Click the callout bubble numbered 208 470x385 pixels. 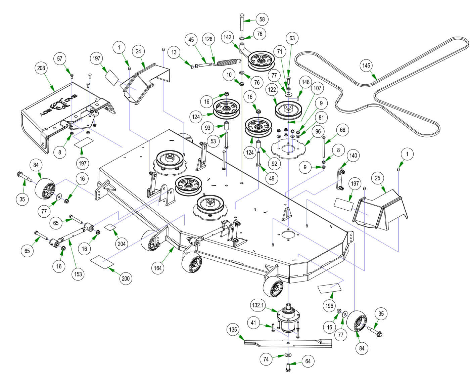click(x=41, y=68)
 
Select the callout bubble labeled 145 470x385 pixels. click(x=366, y=65)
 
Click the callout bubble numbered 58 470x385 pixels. click(x=262, y=19)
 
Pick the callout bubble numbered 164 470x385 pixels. click(x=157, y=268)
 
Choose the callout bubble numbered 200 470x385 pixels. click(x=126, y=279)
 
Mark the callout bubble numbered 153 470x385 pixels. click(x=78, y=274)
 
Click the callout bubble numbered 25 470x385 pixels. click(x=378, y=178)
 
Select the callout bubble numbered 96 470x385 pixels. click(x=318, y=132)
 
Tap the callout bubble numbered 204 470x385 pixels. click(x=122, y=244)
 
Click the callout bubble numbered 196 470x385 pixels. click(x=329, y=305)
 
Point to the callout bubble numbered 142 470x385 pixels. click(x=228, y=37)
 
